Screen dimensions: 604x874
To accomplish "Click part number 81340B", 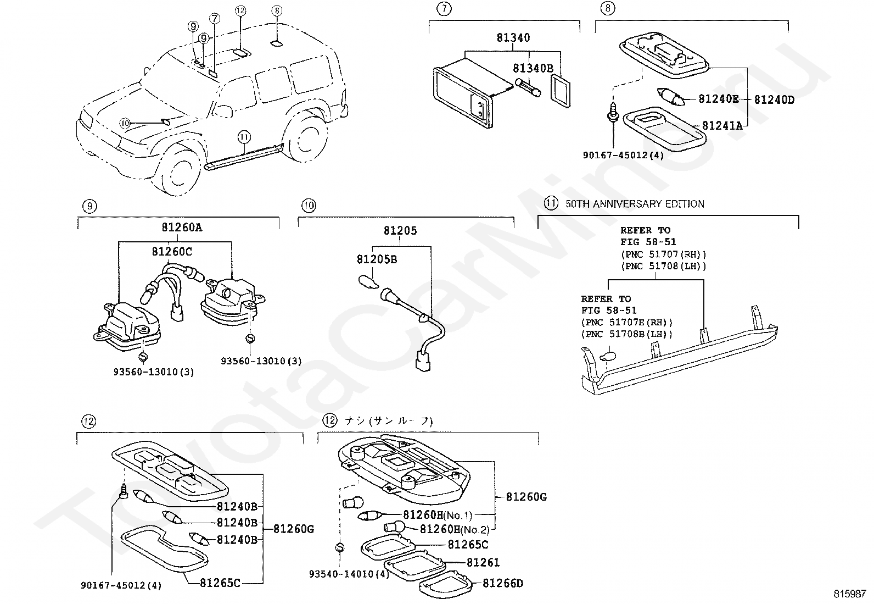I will point(533,68).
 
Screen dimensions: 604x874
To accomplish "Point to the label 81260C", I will point(172,251).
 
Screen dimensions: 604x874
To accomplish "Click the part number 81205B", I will point(376,259).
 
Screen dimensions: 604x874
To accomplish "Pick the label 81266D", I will point(503,583).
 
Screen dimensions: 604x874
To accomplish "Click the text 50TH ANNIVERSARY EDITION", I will point(635,204).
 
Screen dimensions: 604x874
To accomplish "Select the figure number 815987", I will point(849,594).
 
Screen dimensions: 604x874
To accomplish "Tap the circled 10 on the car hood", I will point(125,123).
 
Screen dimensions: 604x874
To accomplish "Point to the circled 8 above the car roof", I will point(277,10).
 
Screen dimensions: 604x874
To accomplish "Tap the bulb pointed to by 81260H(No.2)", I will point(394,527).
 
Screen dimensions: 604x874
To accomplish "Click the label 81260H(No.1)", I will point(437,515).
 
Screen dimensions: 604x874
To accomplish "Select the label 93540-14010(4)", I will point(349,574).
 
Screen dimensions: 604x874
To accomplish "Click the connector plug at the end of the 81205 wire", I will point(422,363).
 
